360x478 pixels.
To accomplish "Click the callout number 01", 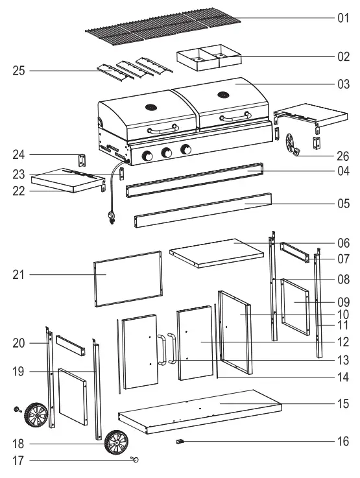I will pyautogui.click(x=342, y=18).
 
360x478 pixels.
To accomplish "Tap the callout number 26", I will pyautogui.click(x=342, y=156).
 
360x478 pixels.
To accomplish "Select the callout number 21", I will pyautogui.click(x=19, y=275).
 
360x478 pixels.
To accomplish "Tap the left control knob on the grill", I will pyautogui.click(x=147, y=156).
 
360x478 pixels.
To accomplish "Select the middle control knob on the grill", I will pyautogui.click(x=167, y=153).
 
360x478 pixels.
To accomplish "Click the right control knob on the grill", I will pyautogui.click(x=186, y=150).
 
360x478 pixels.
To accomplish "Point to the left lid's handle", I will pyautogui.click(x=162, y=129).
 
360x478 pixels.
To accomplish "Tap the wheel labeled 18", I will pyautogui.click(x=117, y=443).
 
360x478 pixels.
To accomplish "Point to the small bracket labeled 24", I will pyautogui.click(x=82, y=160).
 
